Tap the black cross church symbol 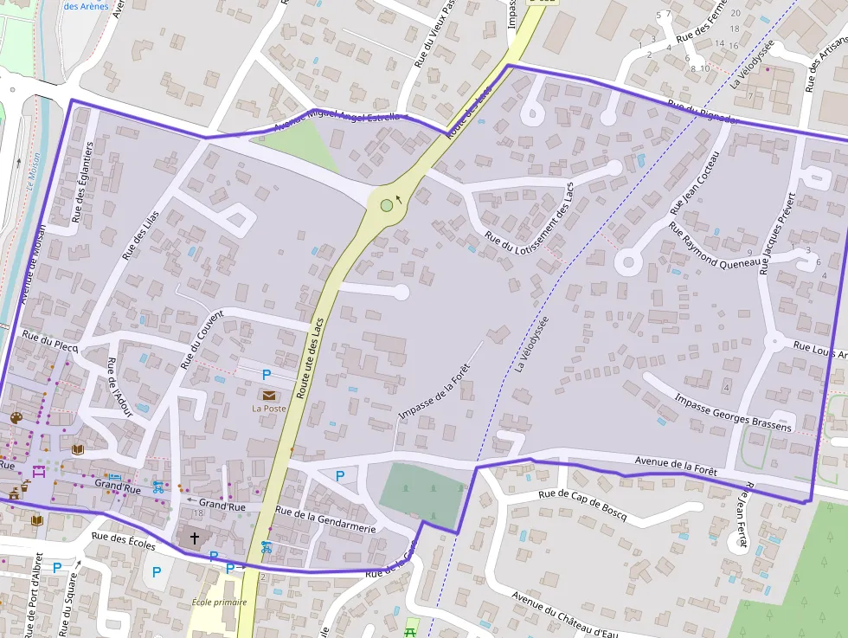pos(194,538)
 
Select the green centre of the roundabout pos(386,206)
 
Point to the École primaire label pos(213,603)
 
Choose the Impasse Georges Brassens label pos(732,413)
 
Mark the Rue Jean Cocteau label pos(694,184)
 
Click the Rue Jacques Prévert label pos(776,233)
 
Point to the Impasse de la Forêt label pos(438,391)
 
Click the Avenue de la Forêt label pos(676,465)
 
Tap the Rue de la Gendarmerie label pos(325,520)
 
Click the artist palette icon pos(16,418)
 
